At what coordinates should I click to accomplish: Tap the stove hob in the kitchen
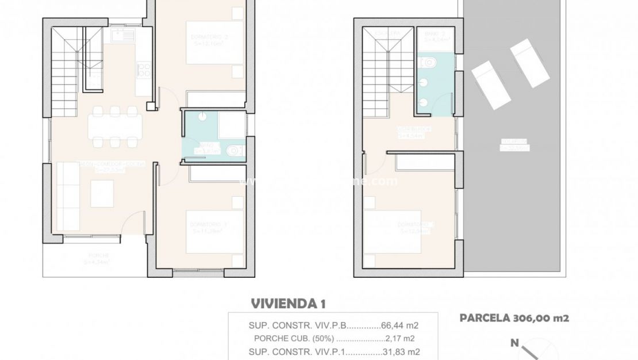(x=144, y=71)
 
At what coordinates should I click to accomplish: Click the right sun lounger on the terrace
(x=529, y=62)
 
